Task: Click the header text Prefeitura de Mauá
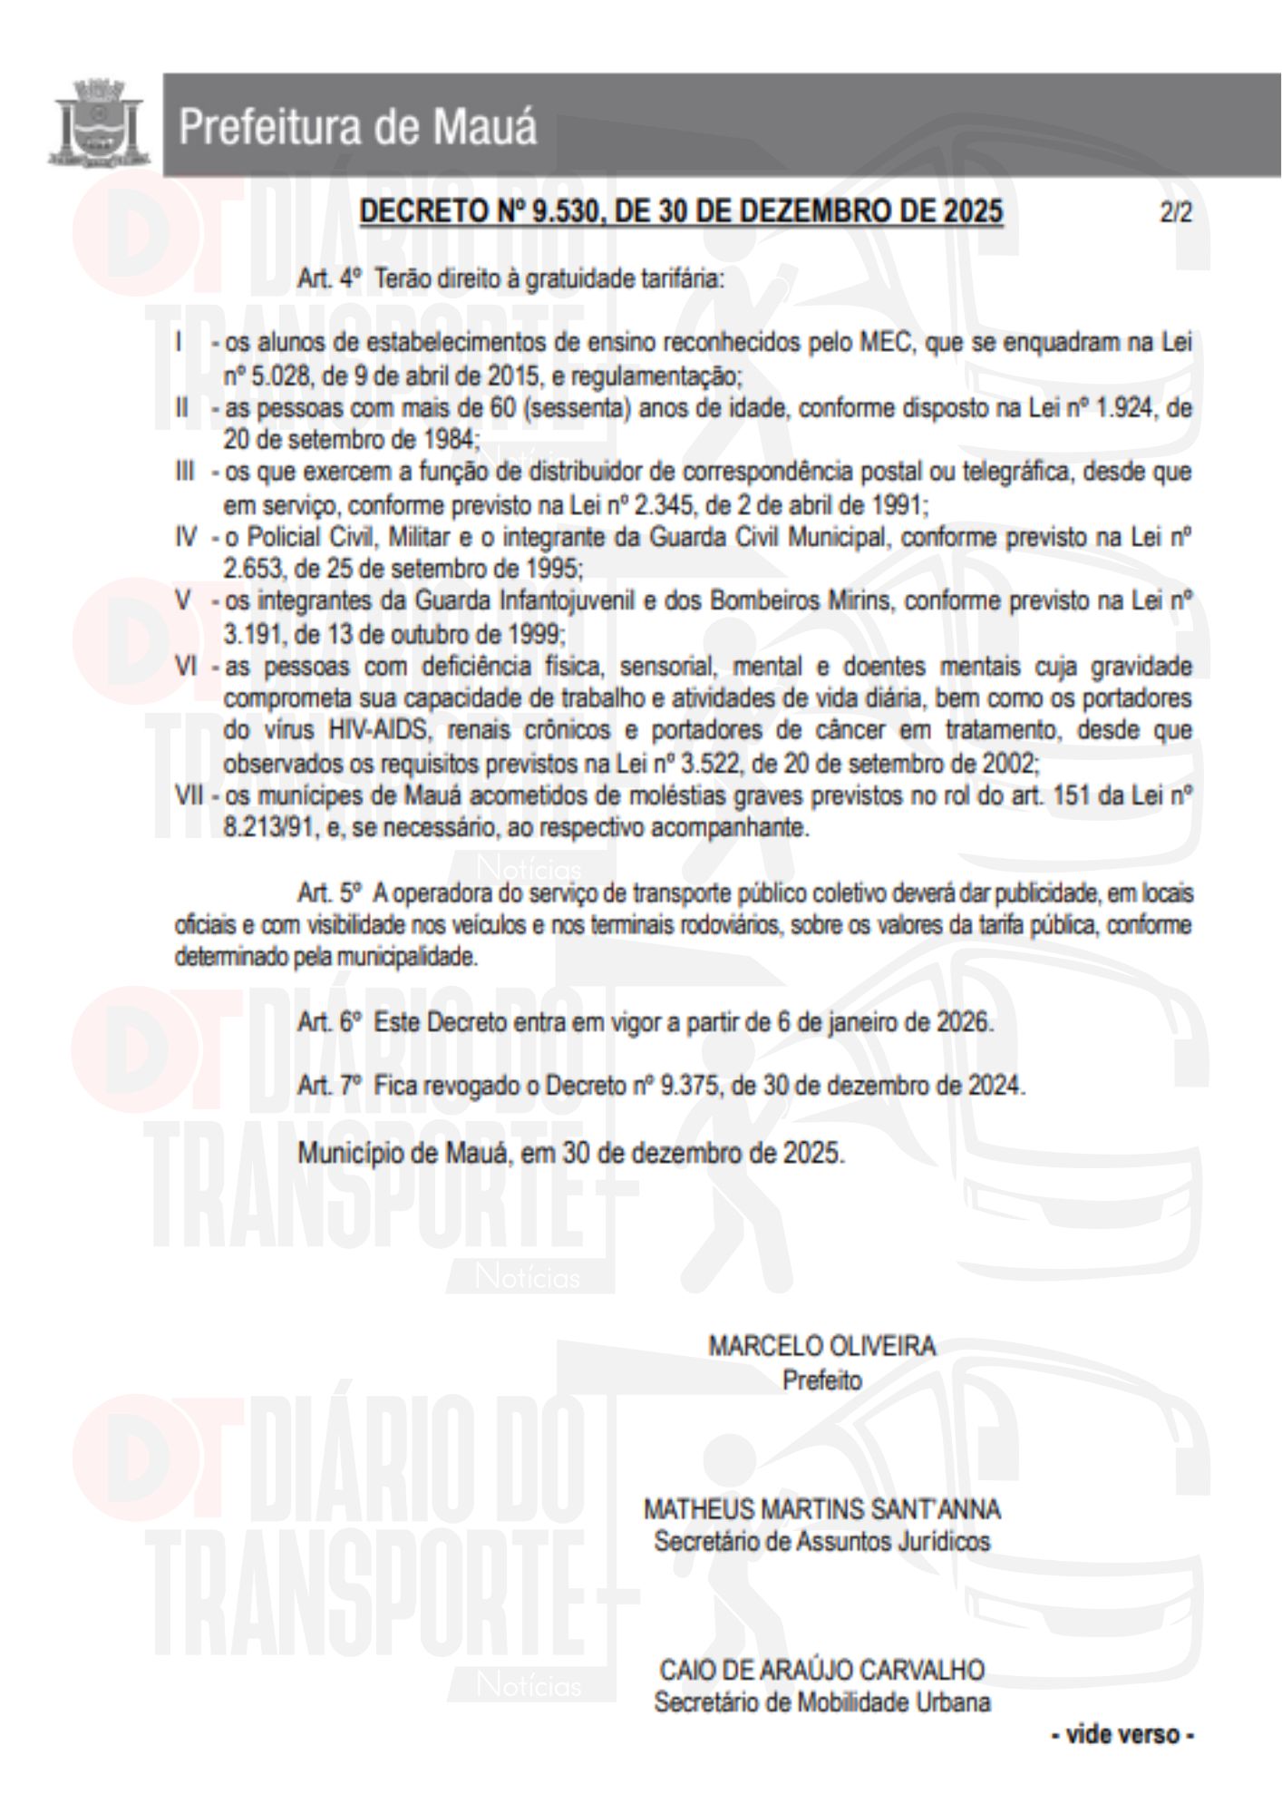[x=357, y=127]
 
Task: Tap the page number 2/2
[x=1175, y=213]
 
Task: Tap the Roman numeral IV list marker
[x=186, y=538]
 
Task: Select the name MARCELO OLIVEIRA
[x=821, y=1347]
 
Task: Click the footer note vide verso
[x=1122, y=1735]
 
